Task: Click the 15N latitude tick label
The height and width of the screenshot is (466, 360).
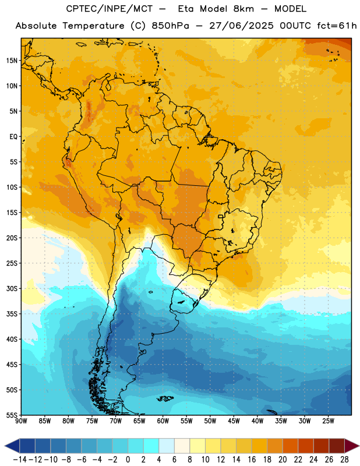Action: point(12,61)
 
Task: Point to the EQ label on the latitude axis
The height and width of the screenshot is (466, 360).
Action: point(13,137)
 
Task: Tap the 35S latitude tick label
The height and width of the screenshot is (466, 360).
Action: point(12,314)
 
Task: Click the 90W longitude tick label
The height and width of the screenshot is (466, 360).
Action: point(21,421)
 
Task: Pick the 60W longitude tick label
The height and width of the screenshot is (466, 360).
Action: point(163,421)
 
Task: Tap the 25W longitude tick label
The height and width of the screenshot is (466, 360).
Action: point(328,421)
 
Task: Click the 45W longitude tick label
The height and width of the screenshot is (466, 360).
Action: point(234,421)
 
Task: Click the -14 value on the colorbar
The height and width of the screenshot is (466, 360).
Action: point(20,460)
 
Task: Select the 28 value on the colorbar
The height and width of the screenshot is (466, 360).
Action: point(344,460)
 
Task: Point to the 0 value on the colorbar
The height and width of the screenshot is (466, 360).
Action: point(128,460)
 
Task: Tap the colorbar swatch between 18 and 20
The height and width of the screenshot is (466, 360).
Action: point(275,446)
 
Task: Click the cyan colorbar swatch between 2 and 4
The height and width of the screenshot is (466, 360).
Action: point(151,446)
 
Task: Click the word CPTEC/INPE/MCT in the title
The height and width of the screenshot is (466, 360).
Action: point(109,9)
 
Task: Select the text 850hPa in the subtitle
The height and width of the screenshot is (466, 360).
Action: point(170,26)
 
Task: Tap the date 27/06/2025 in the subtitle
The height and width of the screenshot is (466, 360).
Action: point(241,26)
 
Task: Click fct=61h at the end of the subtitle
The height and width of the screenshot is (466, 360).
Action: point(337,26)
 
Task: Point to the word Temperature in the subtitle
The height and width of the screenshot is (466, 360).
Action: point(93,26)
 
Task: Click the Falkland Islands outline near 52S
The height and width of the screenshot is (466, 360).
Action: point(165,398)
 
